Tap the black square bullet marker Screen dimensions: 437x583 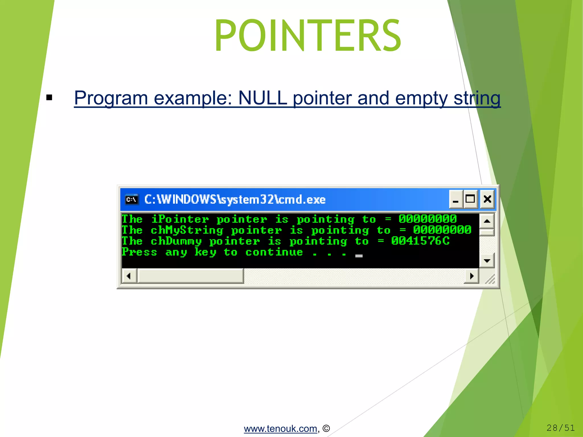49,98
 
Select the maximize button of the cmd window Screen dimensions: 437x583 470,199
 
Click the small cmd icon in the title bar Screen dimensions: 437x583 132,199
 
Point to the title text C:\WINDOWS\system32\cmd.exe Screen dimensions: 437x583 235,199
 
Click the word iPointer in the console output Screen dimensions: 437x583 180,219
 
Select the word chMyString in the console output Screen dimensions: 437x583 187,230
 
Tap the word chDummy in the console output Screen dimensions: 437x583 176,241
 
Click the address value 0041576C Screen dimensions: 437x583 420,241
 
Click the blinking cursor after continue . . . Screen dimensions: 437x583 359,256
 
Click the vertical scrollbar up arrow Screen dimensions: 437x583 487,221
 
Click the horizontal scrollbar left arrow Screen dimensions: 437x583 129,276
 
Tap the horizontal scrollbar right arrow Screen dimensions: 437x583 472,276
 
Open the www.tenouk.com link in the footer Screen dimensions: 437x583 280,428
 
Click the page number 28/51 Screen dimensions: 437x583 560,428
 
